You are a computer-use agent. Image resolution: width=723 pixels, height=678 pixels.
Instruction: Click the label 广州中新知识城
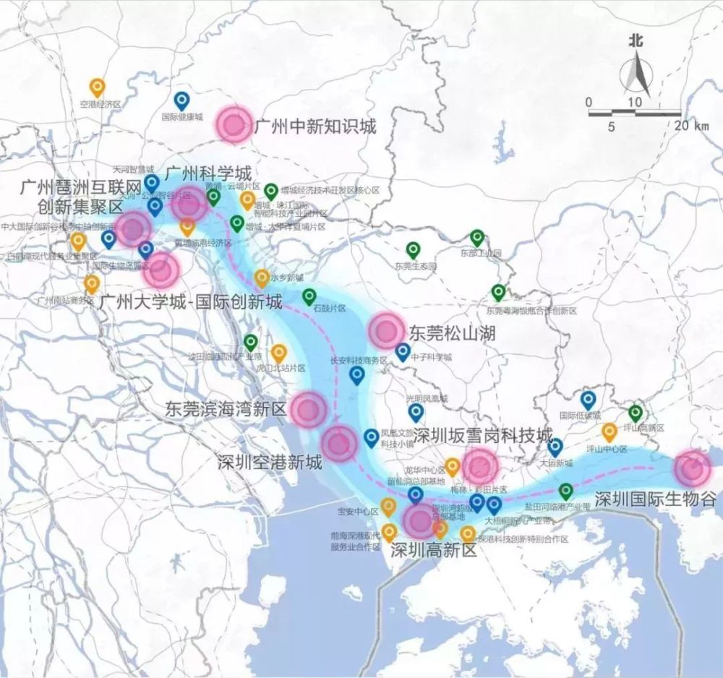[315, 127]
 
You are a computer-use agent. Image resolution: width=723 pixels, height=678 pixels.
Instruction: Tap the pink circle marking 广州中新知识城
[234, 124]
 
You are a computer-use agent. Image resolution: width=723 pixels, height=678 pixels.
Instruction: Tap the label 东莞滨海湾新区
[226, 408]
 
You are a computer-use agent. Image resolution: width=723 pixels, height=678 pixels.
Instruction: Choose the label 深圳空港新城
[270, 463]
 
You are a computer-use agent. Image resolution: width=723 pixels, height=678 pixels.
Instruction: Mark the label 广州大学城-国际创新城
[192, 301]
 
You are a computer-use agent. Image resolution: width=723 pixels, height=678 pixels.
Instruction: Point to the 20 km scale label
[692, 126]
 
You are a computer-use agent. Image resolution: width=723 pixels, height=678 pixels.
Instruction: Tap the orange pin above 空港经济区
[97, 87]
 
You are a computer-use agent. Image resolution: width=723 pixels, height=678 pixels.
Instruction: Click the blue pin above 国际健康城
[182, 100]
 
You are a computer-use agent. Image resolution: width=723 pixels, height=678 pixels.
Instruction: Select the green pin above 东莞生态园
[413, 250]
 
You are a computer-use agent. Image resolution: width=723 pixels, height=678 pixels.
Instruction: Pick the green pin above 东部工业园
[476, 237]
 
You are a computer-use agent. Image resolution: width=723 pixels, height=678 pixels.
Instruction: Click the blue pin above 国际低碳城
[588, 399]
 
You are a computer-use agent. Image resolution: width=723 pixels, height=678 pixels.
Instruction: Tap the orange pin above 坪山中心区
[609, 432]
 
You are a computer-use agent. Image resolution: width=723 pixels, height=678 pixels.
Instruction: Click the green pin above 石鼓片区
[309, 296]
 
